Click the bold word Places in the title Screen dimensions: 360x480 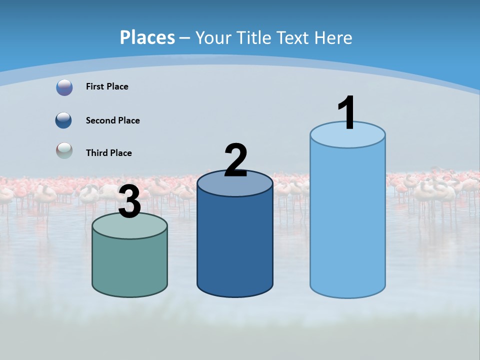point(147,37)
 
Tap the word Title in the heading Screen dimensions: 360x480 point(254,37)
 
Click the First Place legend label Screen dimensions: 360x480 point(107,86)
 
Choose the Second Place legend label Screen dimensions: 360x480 point(112,120)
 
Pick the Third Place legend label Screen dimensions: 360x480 point(108,153)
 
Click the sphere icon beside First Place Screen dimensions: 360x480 point(64,87)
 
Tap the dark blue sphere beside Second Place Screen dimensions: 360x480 point(63,120)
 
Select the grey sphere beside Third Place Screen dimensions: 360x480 point(64,150)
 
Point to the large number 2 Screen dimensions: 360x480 point(235,160)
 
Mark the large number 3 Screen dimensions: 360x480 point(130,202)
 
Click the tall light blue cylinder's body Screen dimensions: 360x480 point(347,220)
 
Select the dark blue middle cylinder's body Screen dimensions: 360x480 point(235,245)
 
